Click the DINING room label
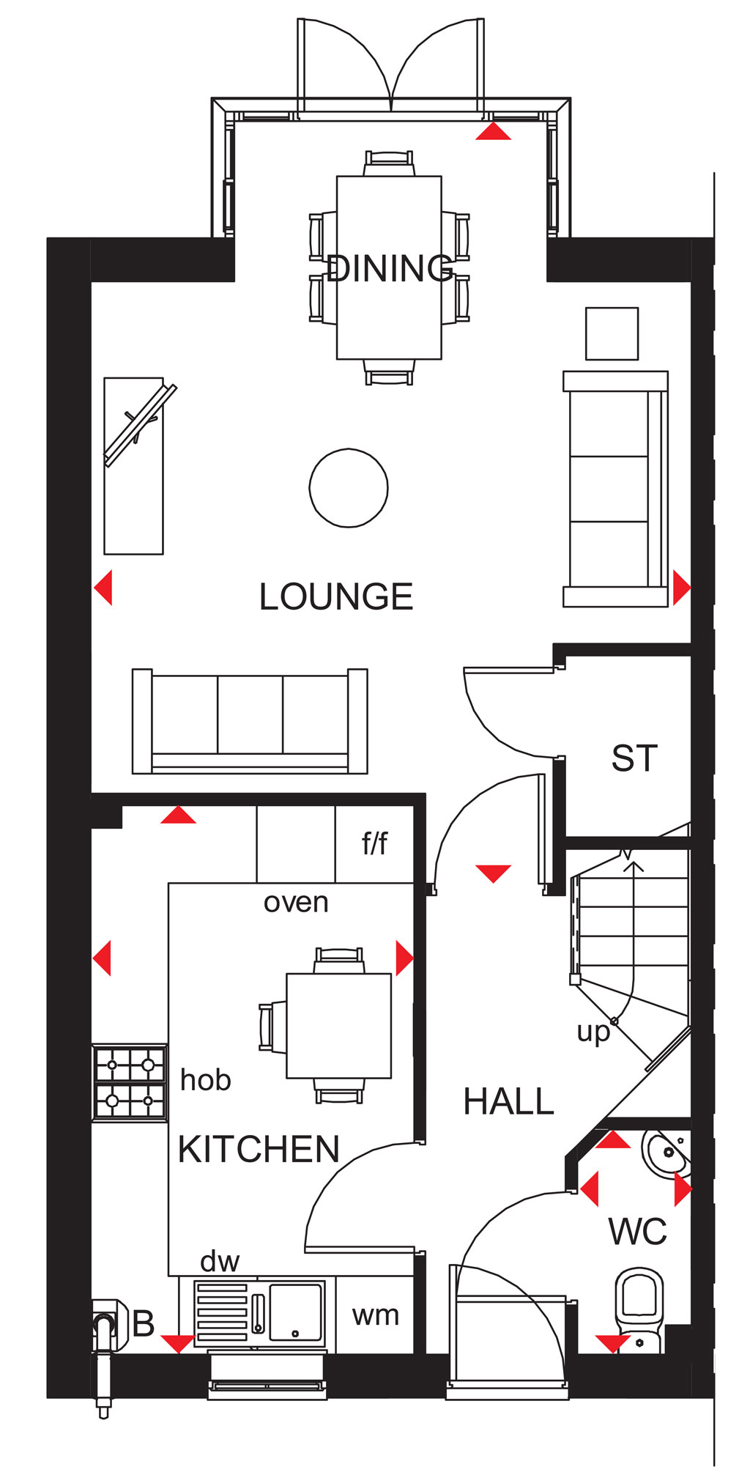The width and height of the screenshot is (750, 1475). click(x=390, y=268)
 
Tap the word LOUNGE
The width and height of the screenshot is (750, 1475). click(x=336, y=596)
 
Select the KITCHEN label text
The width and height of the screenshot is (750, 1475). click(x=259, y=1149)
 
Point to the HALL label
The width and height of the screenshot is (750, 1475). click(x=509, y=1101)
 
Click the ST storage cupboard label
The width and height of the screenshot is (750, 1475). click(x=634, y=758)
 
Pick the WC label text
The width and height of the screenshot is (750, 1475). click(x=637, y=1232)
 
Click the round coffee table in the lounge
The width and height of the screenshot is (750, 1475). click(x=349, y=488)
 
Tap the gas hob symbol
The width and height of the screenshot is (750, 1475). click(x=130, y=1082)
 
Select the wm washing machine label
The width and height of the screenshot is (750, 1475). click(x=376, y=1315)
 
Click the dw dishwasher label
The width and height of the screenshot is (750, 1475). click(x=220, y=1261)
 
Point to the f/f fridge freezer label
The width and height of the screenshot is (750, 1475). click(x=374, y=843)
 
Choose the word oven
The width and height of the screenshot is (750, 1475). click(x=296, y=902)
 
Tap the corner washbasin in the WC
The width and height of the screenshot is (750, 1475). click(x=667, y=1154)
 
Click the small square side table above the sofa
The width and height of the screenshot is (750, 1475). click(x=612, y=333)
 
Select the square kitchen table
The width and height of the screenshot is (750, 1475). click(x=338, y=1025)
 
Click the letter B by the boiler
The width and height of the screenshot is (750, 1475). click(x=144, y=1323)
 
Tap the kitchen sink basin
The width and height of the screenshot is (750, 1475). click(x=296, y=1312)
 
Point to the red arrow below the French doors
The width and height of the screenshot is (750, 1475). click(x=493, y=131)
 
